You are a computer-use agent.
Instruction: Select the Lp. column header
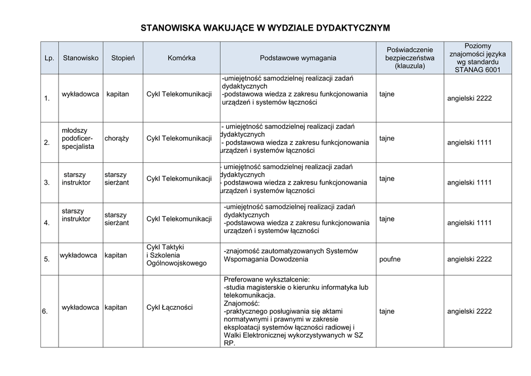[x=49, y=58]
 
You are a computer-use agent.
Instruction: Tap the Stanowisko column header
[x=80, y=58]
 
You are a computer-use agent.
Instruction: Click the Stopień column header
[x=123, y=58]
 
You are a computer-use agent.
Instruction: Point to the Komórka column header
[x=181, y=58]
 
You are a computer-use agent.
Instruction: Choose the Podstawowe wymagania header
[x=298, y=58]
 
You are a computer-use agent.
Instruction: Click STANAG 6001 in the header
[x=478, y=69]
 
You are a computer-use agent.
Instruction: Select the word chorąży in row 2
[x=117, y=138]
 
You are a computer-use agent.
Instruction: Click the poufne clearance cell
[x=390, y=259]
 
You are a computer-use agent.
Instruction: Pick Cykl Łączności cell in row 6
[x=170, y=308]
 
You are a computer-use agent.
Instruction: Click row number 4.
[x=47, y=223]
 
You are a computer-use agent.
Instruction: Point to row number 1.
[x=47, y=99]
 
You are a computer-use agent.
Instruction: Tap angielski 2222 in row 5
[x=469, y=259]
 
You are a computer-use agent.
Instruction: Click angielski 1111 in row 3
[x=469, y=183]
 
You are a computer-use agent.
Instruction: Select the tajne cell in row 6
[x=387, y=311]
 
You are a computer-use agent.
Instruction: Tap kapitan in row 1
[x=118, y=94]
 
